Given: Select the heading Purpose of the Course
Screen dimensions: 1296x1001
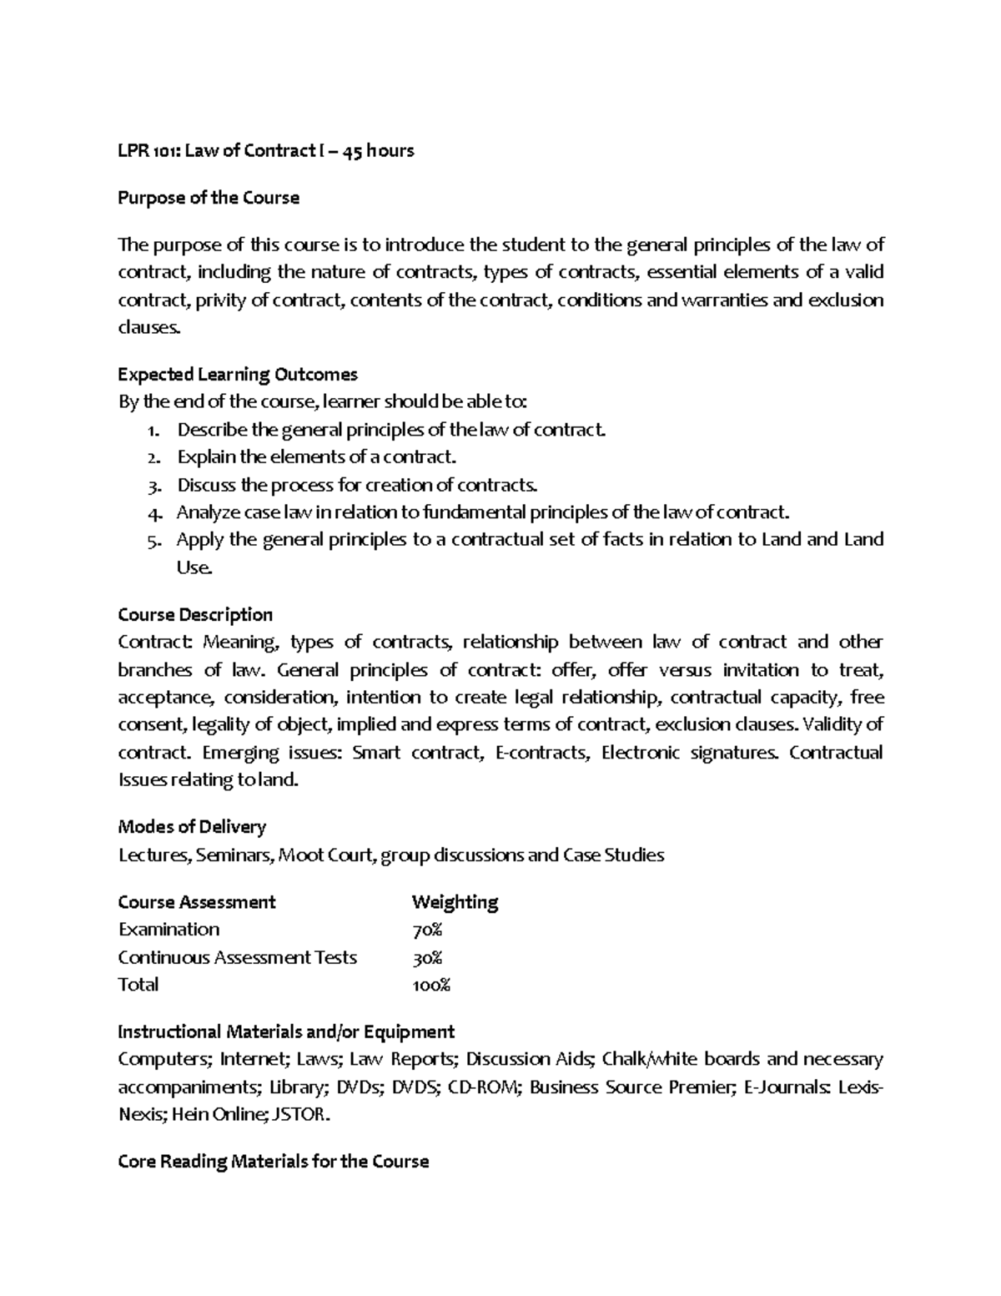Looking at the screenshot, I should tap(209, 198).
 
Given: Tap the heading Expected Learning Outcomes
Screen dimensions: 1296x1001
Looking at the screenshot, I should tap(238, 374).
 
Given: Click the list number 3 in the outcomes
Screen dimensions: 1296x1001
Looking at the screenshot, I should tap(152, 486).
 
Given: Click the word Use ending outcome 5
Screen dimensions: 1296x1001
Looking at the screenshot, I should tap(194, 567).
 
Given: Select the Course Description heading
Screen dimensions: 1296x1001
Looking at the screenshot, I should tap(195, 615).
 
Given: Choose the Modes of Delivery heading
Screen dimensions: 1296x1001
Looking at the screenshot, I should tap(192, 827).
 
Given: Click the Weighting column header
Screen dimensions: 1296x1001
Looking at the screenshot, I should tap(455, 902).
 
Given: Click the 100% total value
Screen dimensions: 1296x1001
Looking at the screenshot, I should tap(431, 985).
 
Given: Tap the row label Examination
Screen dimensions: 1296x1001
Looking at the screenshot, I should tap(169, 930).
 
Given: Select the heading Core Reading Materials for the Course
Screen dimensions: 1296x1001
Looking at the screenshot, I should tap(274, 1162).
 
